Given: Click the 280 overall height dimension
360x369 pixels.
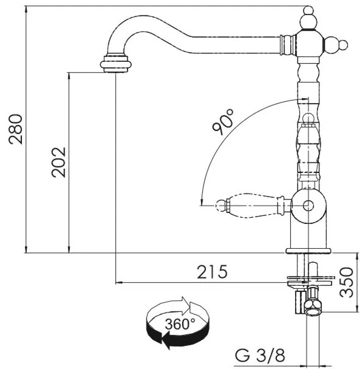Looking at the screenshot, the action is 16,129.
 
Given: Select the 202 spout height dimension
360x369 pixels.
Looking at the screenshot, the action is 59,163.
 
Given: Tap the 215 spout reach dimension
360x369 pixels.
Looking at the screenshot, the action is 212,272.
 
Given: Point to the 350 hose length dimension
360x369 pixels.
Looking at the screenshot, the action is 347,282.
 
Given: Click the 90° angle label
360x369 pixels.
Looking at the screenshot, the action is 223,122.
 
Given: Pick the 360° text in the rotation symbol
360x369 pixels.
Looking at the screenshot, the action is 180,324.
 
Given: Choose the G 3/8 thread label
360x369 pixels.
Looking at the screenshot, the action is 260,355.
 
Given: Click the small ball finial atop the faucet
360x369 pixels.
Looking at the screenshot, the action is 308,10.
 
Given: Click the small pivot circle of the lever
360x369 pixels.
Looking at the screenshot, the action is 308,206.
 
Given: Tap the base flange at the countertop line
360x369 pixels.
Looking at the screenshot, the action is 308,251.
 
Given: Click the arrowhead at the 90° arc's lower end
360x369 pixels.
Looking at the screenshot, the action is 202,202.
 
